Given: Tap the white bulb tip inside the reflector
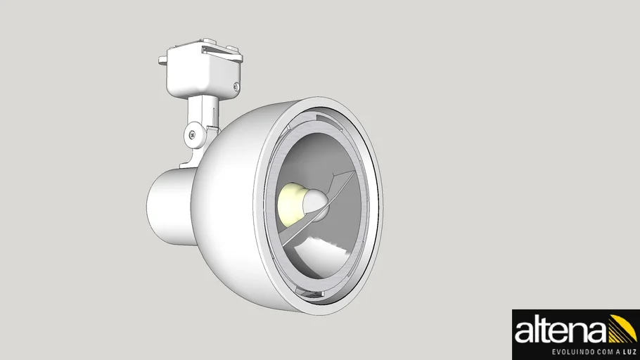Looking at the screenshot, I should point(314,204).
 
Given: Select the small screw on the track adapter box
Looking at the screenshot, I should point(237,87).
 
